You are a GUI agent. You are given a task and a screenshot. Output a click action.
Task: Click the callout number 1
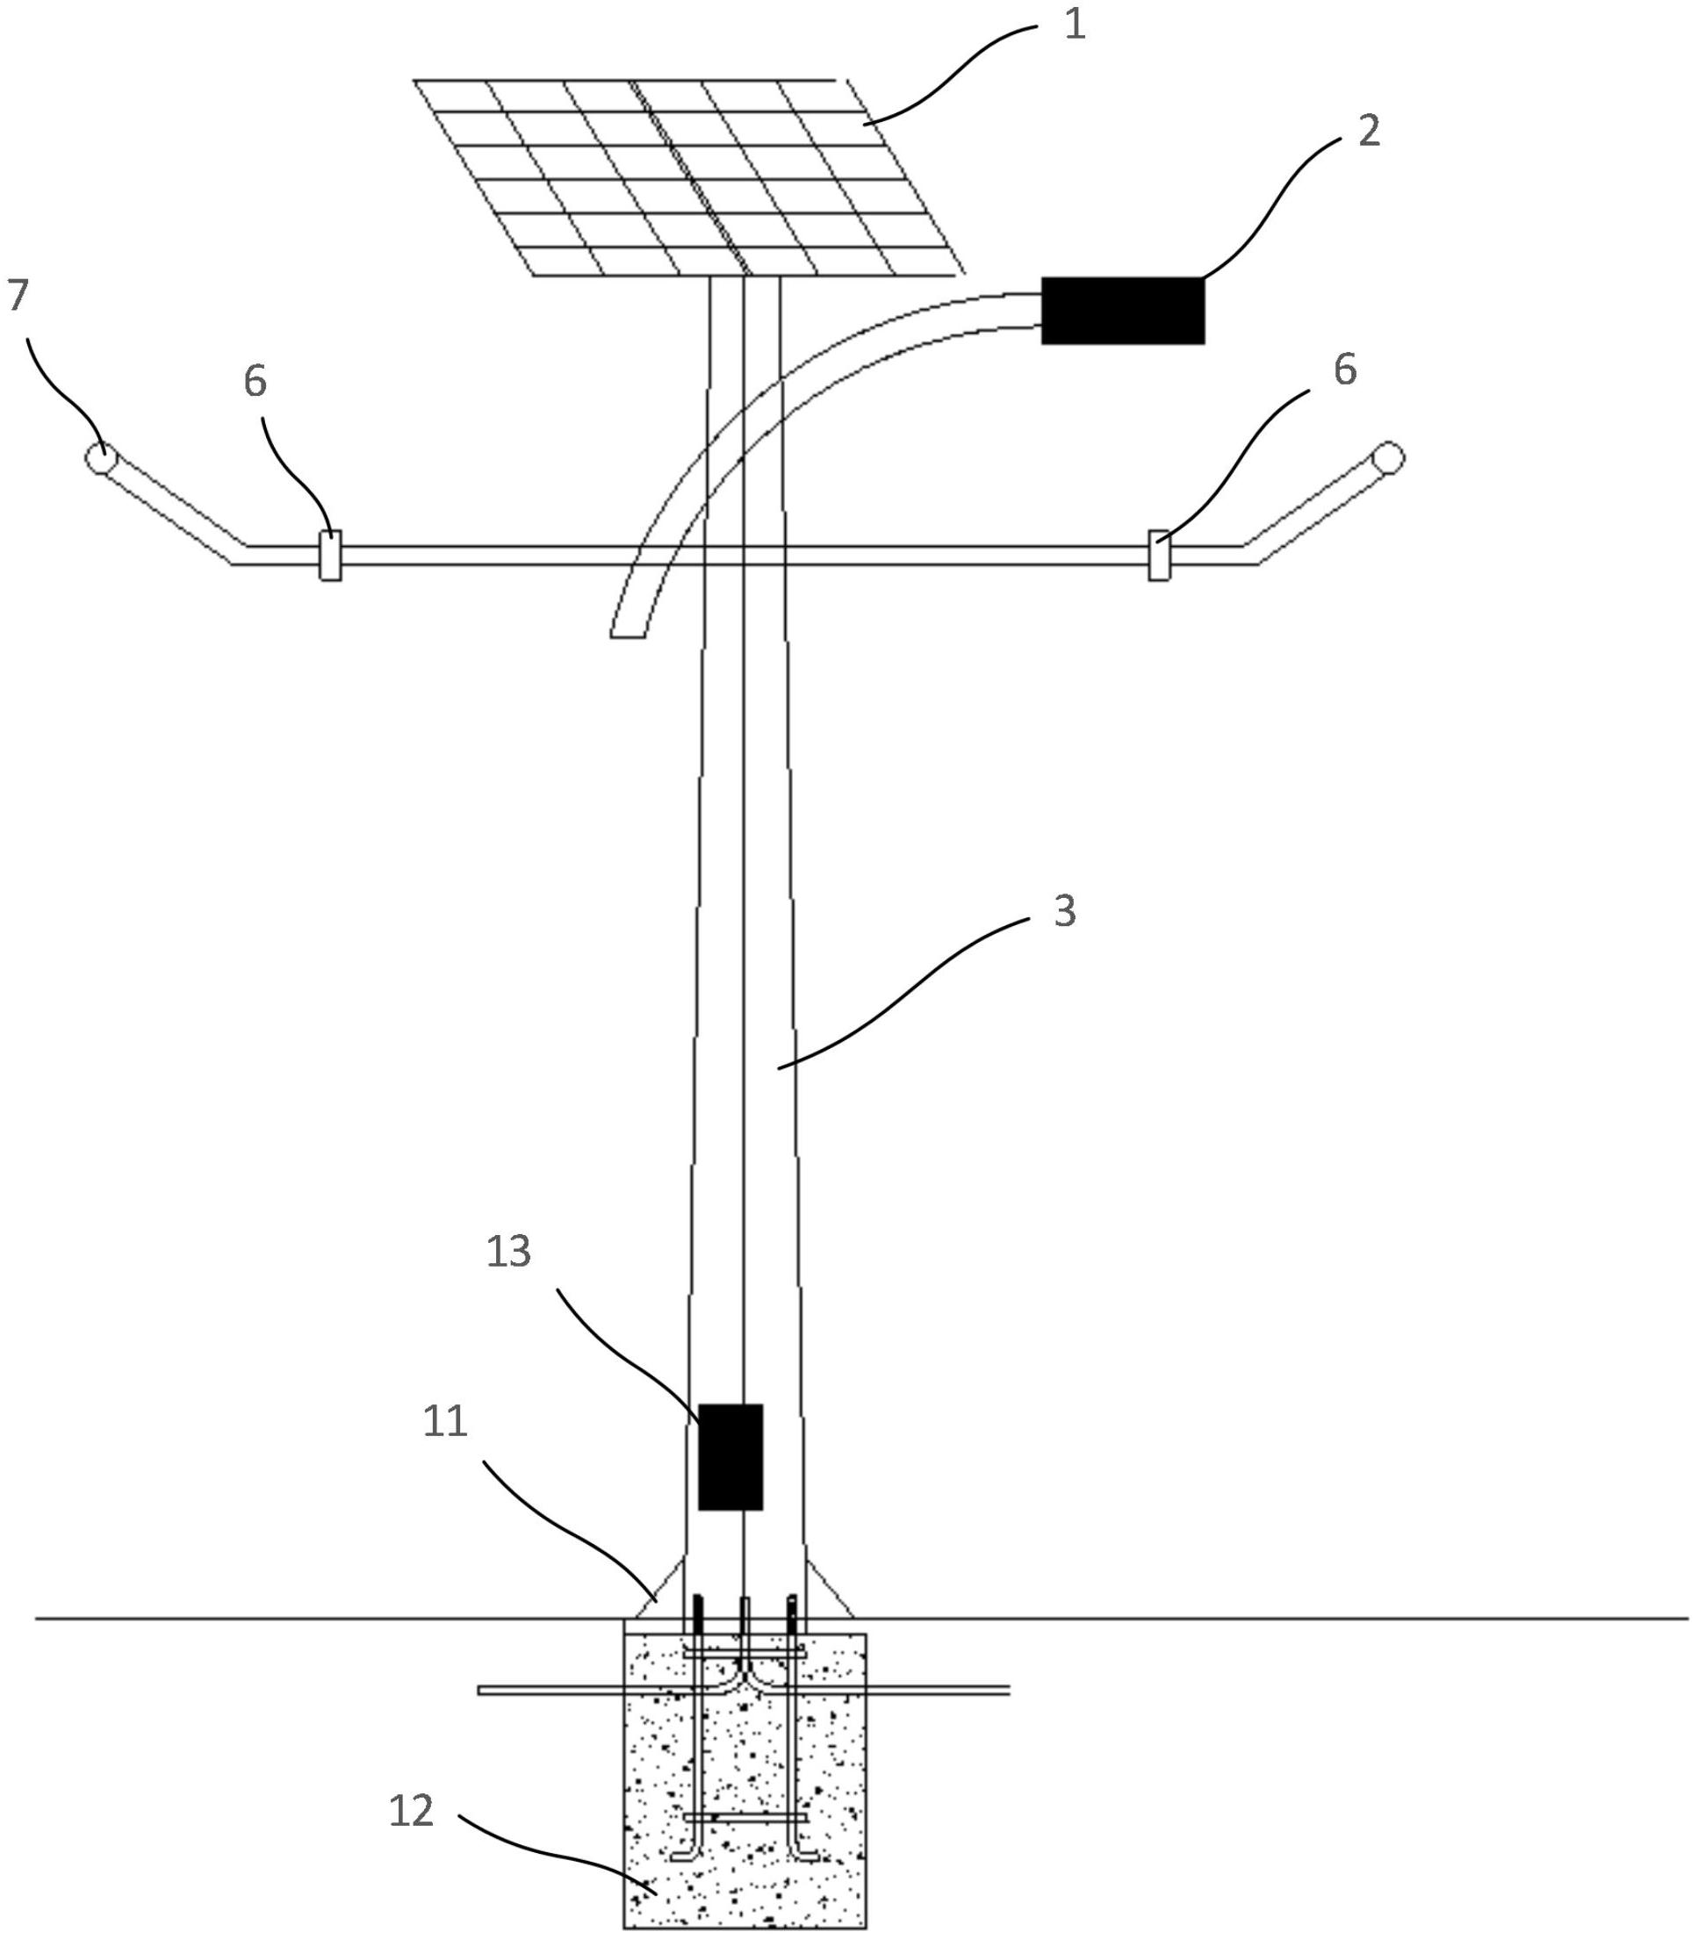click(x=1075, y=25)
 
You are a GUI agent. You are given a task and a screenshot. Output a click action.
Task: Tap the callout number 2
click(x=1368, y=131)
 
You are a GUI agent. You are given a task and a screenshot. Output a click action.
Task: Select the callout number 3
click(x=1065, y=910)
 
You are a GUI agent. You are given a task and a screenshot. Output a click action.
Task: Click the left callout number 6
click(x=255, y=381)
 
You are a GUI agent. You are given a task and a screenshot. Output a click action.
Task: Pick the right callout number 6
click(x=1344, y=370)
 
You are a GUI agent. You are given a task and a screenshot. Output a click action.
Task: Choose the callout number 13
click(x=509, y=1252)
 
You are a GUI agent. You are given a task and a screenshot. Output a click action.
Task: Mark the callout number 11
click(x=445, y=1422)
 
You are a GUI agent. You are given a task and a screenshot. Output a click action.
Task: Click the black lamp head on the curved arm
click(x=1123, y=311)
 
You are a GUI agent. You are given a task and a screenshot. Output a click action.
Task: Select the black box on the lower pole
click(x=730, y=1457)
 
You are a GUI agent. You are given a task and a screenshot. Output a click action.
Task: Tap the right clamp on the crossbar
click(x=1159, y=556)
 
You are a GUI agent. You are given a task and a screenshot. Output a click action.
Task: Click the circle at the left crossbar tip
click(x=97, y=456)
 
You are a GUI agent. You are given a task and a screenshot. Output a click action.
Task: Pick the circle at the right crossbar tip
click(x=1390, y=456)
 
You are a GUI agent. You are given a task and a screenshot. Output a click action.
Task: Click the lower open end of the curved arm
click(x=627, y=636)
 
